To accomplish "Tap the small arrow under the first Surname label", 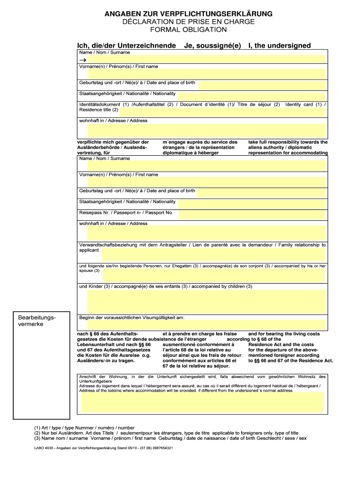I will tap(83, 61).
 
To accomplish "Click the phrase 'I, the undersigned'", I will tap(280, 45).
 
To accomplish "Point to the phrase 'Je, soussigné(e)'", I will tap(213, 45).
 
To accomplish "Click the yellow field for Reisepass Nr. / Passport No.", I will tap(252, 215).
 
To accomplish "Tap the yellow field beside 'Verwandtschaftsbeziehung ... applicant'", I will tap(213, 254).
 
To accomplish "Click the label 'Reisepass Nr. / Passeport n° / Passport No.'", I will tap(126, 213).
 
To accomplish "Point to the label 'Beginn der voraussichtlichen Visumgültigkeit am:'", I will tap(132, 318).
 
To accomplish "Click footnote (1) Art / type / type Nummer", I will tap(84, 428).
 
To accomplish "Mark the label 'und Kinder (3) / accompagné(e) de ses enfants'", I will tap(166, 286).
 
